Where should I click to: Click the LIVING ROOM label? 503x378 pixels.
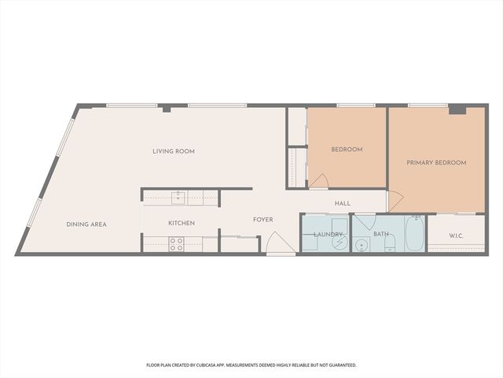coord(174,151)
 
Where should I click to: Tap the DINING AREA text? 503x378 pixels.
coord(86,224)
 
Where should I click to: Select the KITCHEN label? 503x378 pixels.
coord(182,223)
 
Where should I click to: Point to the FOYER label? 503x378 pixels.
coord(263,220)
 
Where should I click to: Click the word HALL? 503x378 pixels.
coord(343,204)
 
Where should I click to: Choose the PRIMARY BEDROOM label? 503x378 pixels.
coord(436,163)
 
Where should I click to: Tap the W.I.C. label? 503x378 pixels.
coord(456,235)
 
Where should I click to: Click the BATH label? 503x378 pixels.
coord(381,234)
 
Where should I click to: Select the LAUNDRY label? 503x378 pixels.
coord(328,234)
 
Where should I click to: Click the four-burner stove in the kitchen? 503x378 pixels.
coord(177,244)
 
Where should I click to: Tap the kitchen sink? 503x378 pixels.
coord(178,198)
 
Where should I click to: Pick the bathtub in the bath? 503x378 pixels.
coord(414,233)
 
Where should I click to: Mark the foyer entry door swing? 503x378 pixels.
coord(277,244)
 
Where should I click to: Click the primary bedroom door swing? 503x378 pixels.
coord(394,201)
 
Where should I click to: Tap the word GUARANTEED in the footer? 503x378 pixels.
coord(340,365)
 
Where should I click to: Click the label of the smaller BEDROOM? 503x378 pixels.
coord(347,149)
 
